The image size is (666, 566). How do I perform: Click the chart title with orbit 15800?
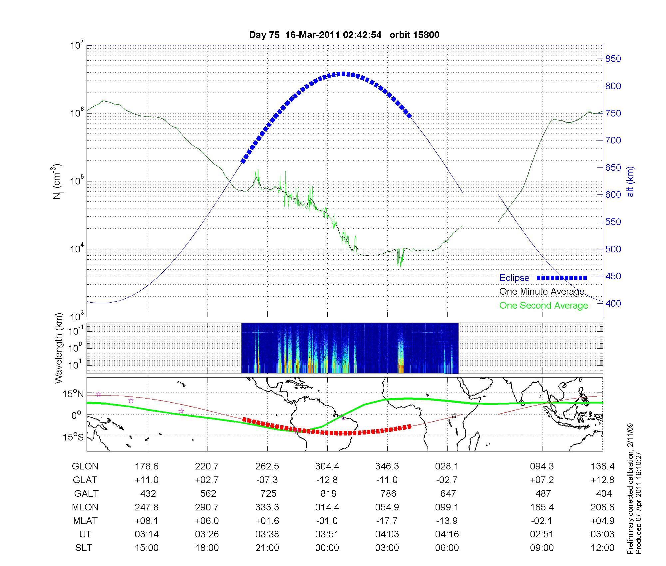pyautogui.click(x=344, y=35)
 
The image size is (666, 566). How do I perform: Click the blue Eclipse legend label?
pyautogui.click(x=514, y=278)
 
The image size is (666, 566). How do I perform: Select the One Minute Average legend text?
pyautogui.click(x=542, y=292)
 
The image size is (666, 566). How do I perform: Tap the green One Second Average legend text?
pyautogui.click(x=543, y=306)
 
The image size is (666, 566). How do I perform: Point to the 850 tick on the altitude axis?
pyautogui.click(x=613, y=59)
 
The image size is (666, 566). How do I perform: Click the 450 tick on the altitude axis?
pyautogui.click(x=613, y=276)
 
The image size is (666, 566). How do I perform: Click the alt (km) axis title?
pyautogui.click(x=630, y=181)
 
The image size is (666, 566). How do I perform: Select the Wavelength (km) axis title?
pyautogui.click(x=59, y=348)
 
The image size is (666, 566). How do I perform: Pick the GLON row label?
pyautogui.click(x=85, y=466)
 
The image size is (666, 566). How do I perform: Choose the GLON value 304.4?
pyautogui.click(x=327, y=466)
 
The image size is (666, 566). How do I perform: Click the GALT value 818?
pyautogui.click(x=328, y=493)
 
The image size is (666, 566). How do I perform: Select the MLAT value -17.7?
pyautogui.click(x=387, y=521)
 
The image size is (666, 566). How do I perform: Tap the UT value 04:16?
pyautogui.click(x=447, y=534)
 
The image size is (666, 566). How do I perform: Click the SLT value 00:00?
pyautogui.click(x=327, y=548)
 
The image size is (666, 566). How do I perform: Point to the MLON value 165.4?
pyautogui.click(x=542, y=507)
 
